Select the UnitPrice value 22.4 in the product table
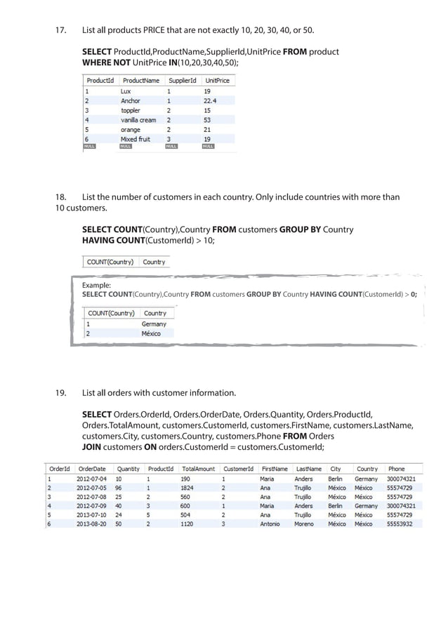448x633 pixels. click(x=209, y=101)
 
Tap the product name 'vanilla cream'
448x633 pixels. click(x=138, y=120)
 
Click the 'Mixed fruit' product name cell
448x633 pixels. click(x=135, y=139)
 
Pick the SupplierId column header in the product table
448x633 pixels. click(x=181, y=81)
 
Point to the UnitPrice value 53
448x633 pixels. click(x=207, y=120)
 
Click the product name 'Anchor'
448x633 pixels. click(x=131, y=101)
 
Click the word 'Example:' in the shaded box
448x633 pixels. click(x=96, y=286)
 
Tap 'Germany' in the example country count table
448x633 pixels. click(x=154, y=324)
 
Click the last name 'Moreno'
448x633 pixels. click(x=304, y=524)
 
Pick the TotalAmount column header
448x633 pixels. click(x=198, y=469)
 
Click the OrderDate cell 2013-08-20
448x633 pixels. click(x=92, y=524)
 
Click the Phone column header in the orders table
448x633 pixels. click(x=397, y=469)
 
